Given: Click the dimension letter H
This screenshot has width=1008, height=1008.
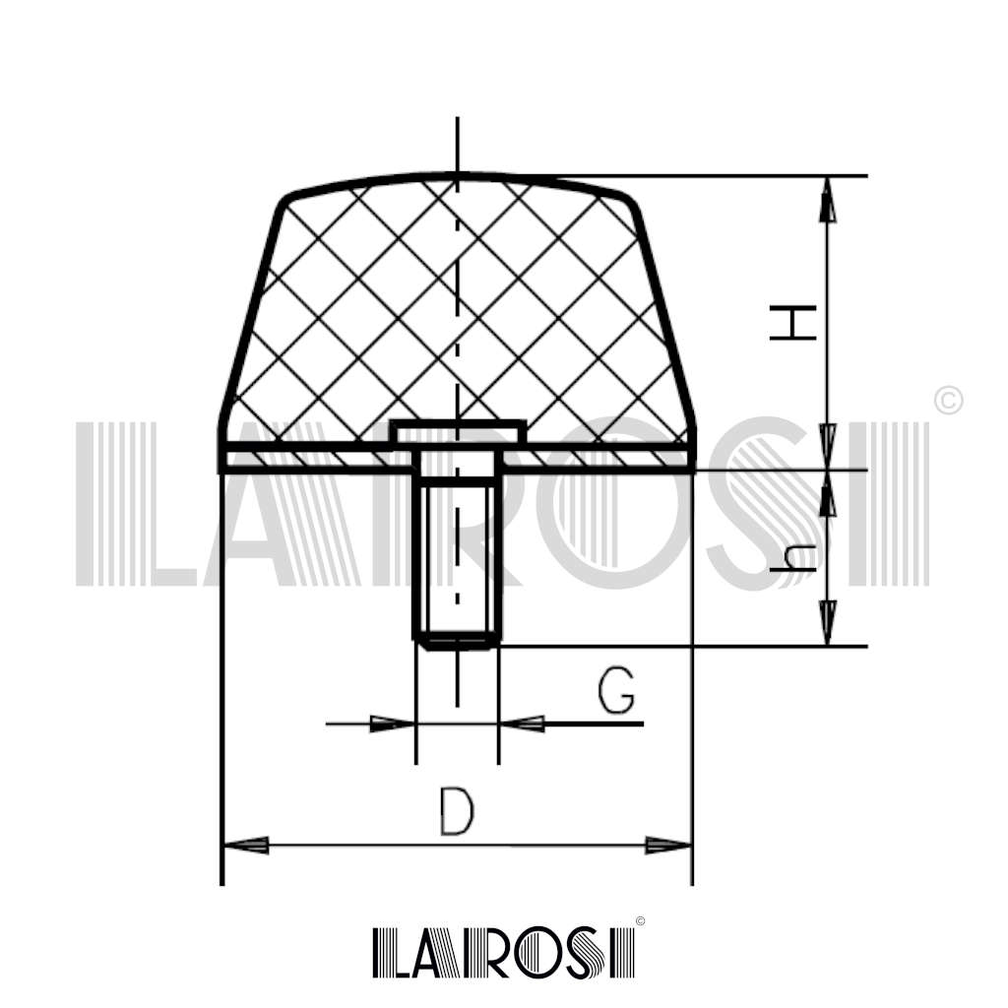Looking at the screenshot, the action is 792,323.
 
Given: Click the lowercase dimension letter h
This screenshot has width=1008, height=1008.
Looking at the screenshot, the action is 792,559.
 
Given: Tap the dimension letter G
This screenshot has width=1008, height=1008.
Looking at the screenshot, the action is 616,690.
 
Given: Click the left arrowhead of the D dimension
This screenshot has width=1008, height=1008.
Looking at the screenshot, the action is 245,846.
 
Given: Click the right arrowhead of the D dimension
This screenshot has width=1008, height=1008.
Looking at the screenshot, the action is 668,846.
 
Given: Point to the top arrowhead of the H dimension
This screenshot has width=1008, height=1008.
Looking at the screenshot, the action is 828,199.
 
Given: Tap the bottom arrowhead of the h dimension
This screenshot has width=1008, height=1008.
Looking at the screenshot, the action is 828,622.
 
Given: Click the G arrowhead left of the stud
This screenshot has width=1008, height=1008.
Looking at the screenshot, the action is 392,724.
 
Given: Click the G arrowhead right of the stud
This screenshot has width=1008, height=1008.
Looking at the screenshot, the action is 522,724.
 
